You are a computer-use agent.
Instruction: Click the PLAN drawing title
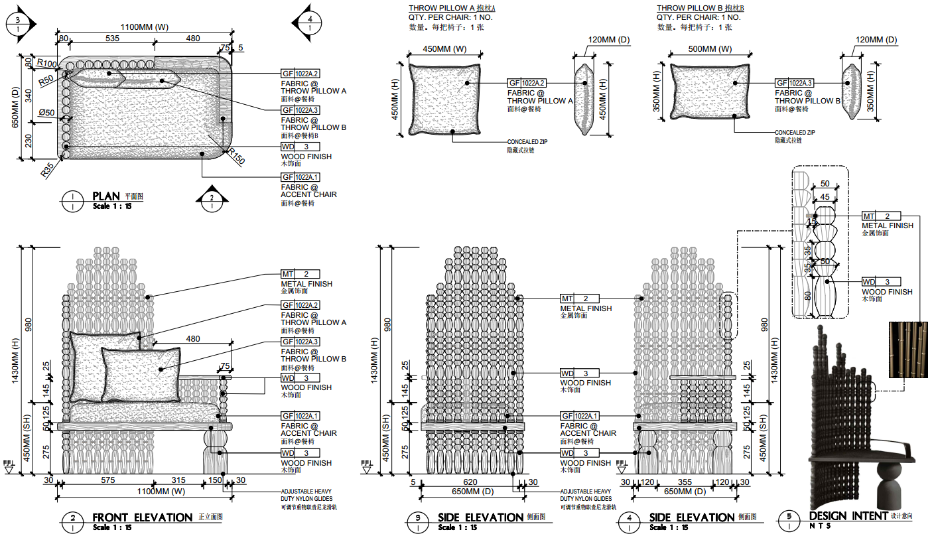(x=106, y=196)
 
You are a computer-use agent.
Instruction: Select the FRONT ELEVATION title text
(x=143, y=517)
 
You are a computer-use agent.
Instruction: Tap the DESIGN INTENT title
(x=848, y=515)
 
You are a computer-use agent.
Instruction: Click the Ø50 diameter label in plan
(x=46, y=113)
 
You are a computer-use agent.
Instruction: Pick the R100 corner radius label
(x=46, y=63)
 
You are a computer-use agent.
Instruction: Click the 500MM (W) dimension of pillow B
(x=710, y=49)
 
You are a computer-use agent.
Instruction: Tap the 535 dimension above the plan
(x=112, y=38)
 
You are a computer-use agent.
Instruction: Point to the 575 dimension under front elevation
(x=127, y=480)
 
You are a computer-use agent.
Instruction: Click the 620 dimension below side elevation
(x=470, y=482)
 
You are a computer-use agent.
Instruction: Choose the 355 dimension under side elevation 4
(x=685, y=482)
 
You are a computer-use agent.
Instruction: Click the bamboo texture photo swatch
(x=908, y=350)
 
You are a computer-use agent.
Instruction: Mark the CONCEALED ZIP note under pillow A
(x=527, y=142)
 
